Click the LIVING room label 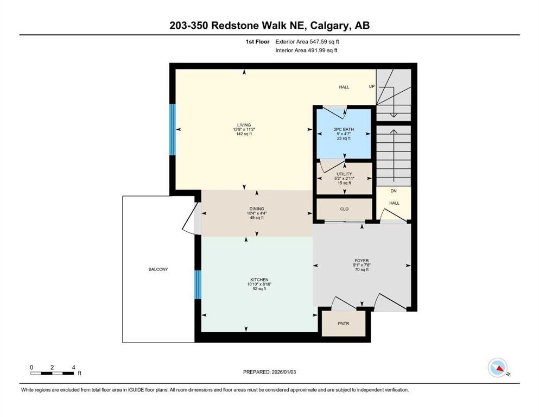point(243,124)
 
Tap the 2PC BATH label point(344,129)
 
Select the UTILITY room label point(344,174)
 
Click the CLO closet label point(344,208)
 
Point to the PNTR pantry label point(343,324)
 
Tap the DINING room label point(256,208)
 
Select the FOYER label point(362,261)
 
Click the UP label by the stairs point(372,87)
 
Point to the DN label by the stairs point(394,191)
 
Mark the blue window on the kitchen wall point(198,284)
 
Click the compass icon point(498,368)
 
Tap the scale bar point(52,373)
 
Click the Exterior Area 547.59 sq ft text point(309,41)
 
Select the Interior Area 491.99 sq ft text point(307,50)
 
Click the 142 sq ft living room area point(243,134)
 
